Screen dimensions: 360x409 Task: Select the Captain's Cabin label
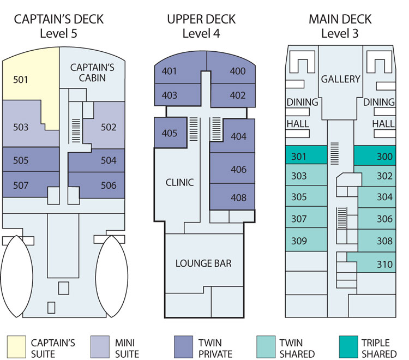tap(92, 73)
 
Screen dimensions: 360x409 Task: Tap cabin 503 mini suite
tap(21, 127)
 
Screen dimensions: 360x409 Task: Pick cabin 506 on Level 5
tap(109, 185)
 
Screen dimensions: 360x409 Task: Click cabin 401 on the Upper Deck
tap(170, 71)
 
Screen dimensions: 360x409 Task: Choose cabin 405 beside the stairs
tap(170, 133)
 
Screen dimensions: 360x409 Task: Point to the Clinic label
tap(179, 182)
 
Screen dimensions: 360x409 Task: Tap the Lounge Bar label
tap(203, 263)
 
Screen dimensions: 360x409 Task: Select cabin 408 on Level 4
tap(238, 197)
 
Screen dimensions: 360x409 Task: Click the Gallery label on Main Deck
tap(340, 79)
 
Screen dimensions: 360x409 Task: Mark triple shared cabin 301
tap(299, 157)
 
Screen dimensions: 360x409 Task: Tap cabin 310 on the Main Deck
tap(384, 265)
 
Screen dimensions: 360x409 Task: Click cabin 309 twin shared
tap(299, 241)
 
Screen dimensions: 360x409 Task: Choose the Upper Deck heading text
tap(201, 20)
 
